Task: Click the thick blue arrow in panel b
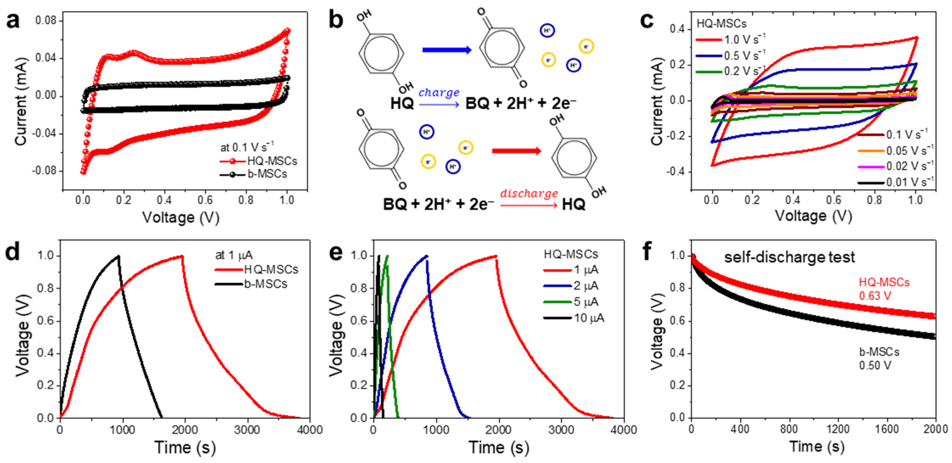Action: click(447, 50)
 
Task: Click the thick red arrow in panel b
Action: click(516, 151)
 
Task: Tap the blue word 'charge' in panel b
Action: click(439, 92)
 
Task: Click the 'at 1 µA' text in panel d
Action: click(234, 255)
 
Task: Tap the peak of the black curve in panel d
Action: click(118, 256)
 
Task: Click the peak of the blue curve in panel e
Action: click(427, 256)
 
